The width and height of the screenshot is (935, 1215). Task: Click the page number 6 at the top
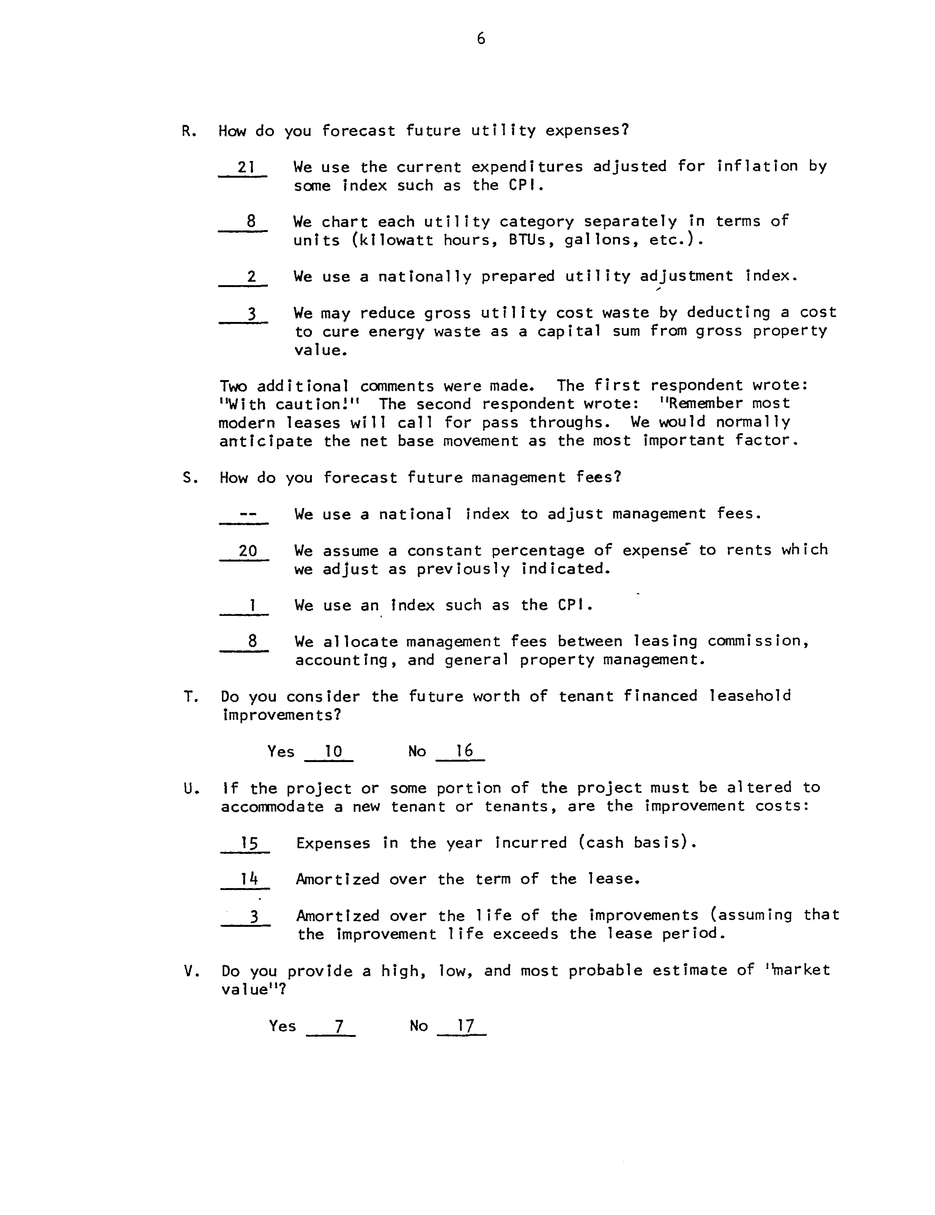tap(481, 38)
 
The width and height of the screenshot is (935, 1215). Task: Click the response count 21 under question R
tap(245, 167)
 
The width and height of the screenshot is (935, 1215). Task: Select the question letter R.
tap(187, 131)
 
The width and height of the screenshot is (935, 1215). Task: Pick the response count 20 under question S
tap(248, 551)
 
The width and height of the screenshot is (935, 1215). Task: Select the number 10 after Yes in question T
tap(333, 752)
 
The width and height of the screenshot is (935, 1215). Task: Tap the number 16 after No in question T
tap(463, 751)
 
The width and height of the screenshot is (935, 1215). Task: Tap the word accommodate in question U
tap(272, 807)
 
